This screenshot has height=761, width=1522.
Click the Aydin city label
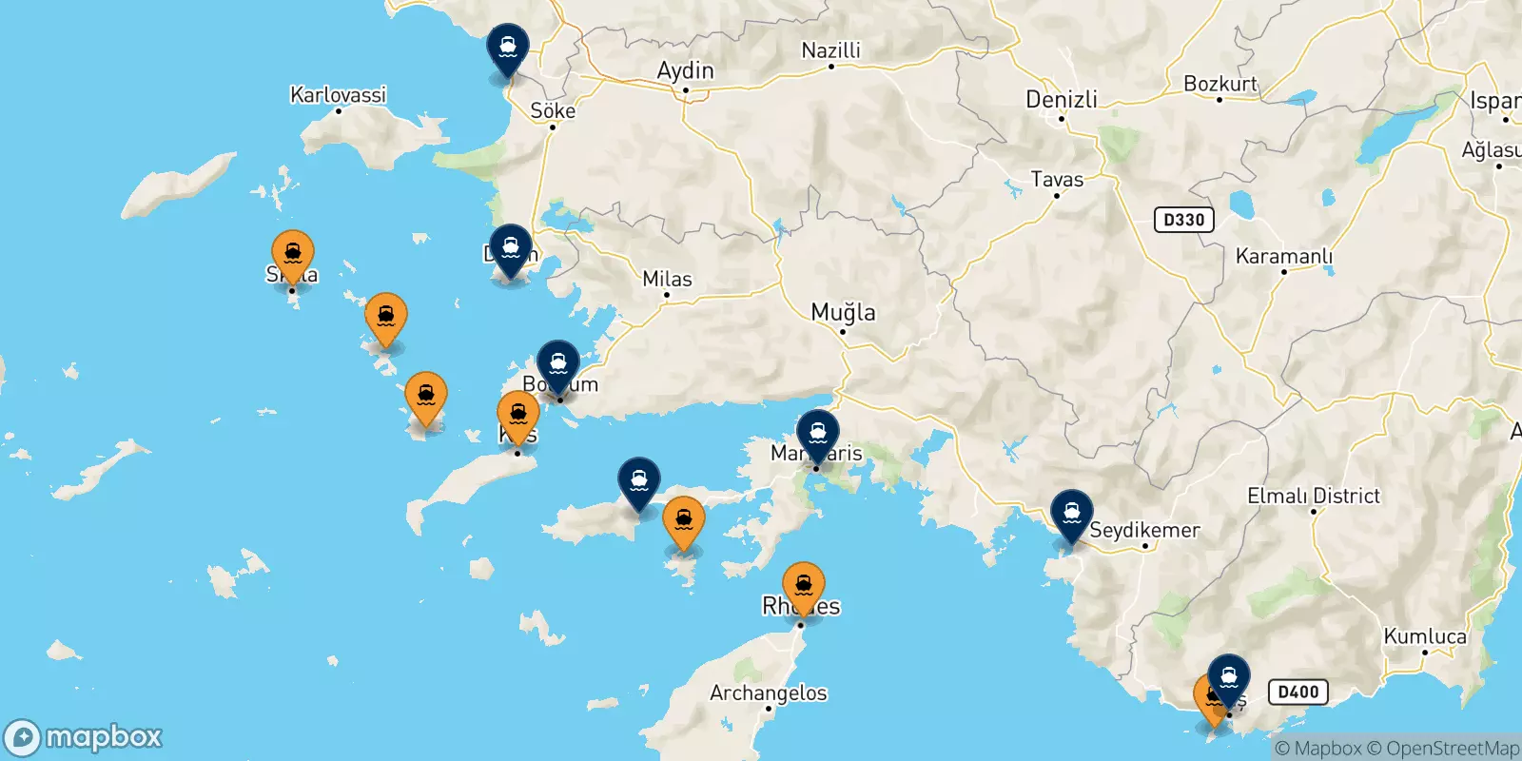tap(685, 70)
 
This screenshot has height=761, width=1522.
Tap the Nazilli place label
tap(830, 50)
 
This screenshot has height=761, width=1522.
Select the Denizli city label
tap(1061, 99)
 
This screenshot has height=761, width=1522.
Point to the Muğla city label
tap(843, 312)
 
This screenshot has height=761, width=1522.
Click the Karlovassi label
tap(338, 94)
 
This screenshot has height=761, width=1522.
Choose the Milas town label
tap(667, 279)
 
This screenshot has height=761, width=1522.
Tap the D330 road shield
tap(1183, 220)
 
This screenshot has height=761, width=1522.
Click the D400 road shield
tap(1298, 692)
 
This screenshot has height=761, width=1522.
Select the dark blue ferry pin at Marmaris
tap(817, 434)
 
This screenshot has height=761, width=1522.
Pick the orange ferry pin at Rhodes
tap(804, 585)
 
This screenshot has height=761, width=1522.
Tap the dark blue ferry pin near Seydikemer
tap(1072, 514)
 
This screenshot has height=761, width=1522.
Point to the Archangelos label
tap(768, 693)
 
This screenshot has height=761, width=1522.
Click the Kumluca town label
tap(1424, 636)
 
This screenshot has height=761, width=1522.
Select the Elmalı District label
tap(1313, 496)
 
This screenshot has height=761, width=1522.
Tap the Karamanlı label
tap(1283, 256)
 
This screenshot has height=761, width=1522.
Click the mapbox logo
tap(84, 737)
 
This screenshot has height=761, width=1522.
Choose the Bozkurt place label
tap(1220, 84)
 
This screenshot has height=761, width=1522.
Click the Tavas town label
tap(1057, 179)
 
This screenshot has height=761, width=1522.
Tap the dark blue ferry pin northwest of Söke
tap(508, 48)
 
